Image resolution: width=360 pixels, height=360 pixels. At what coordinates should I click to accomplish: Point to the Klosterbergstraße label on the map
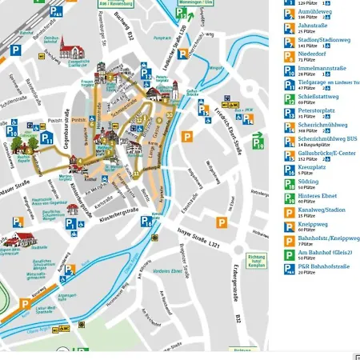pos(120,217)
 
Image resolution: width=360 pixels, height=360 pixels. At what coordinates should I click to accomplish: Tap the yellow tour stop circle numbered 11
pos(137,174)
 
